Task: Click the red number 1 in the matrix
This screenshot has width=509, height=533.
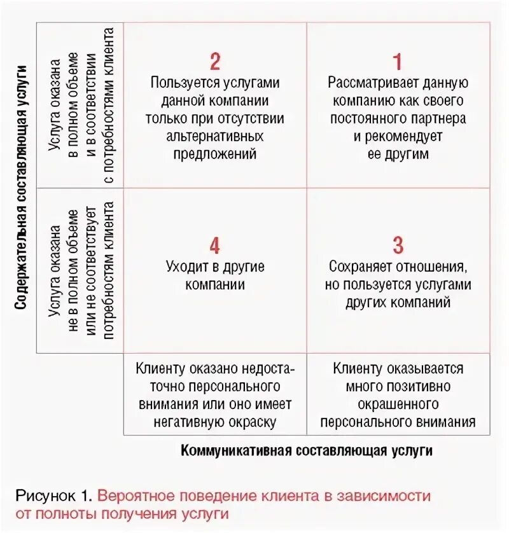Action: pos(398,62)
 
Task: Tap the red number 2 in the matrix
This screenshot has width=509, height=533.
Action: pos(215,62)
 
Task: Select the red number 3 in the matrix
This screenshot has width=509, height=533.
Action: pos(398,246)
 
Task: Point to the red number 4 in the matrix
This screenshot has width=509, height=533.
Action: pos(215,246)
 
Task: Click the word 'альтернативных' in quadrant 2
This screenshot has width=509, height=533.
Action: pos(215,136)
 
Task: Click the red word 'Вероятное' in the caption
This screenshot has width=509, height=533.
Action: pos(140,495)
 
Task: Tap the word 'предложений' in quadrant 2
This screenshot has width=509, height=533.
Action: pos(215,154)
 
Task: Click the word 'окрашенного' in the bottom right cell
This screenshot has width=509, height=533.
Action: pos(398,404)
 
